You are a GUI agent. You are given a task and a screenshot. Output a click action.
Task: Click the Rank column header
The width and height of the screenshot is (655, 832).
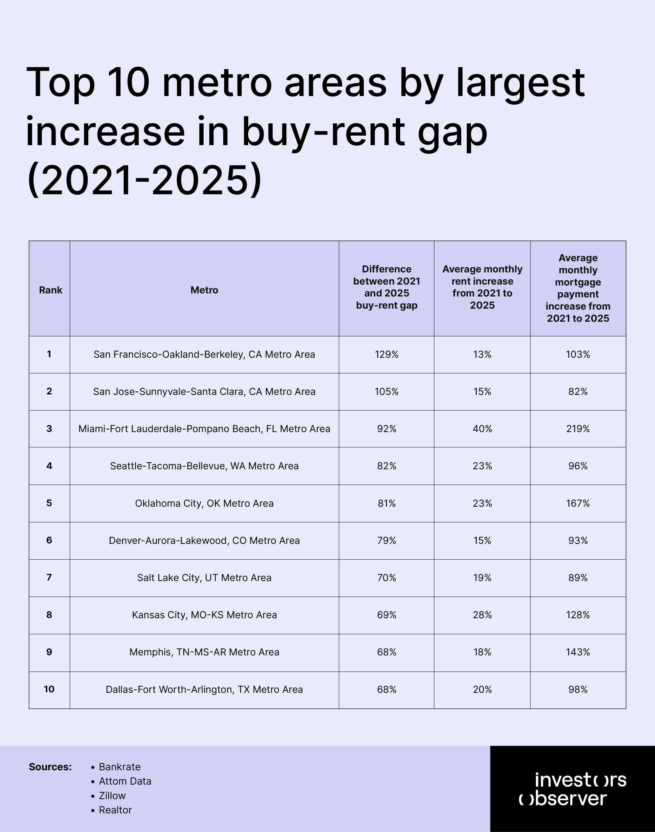(50, 290)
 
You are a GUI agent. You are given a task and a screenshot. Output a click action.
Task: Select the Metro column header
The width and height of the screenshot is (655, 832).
(204, 290)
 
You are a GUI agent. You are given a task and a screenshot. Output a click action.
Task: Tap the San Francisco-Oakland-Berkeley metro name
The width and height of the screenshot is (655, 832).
(204, 354)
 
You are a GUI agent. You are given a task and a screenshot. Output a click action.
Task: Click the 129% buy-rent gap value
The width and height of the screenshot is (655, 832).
(387, 354)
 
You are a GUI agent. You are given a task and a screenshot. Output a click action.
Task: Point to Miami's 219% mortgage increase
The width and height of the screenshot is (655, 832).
(578, 429)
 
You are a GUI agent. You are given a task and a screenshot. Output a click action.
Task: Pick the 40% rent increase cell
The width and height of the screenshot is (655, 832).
(482, 429)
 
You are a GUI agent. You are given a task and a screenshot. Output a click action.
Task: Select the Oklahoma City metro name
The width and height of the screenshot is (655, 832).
(204, 503)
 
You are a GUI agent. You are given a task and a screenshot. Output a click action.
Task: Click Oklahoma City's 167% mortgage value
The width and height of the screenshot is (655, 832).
(578, 503)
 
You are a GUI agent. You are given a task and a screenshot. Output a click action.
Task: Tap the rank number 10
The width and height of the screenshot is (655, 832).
(49, 689)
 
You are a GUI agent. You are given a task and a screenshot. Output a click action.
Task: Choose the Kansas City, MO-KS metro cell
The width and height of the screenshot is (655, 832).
(204, 615)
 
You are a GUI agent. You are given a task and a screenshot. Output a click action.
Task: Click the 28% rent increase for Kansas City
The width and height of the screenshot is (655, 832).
(482, 615)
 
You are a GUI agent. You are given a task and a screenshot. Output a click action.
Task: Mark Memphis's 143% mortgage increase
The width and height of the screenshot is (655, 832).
(578, 652)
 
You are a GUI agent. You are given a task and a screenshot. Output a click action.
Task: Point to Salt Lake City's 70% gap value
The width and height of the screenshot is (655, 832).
(387, 577)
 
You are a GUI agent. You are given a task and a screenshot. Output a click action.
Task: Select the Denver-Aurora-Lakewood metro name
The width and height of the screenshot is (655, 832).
(204, 540)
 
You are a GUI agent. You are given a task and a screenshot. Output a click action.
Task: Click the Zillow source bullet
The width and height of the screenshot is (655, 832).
(112, 796)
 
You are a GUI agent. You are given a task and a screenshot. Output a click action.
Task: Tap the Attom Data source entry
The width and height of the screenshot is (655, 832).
(125, 781)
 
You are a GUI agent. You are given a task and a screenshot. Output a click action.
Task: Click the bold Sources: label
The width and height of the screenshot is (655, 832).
(50, 767)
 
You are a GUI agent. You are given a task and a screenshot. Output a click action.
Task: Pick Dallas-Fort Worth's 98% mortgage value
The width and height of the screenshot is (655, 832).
(578, 689)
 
